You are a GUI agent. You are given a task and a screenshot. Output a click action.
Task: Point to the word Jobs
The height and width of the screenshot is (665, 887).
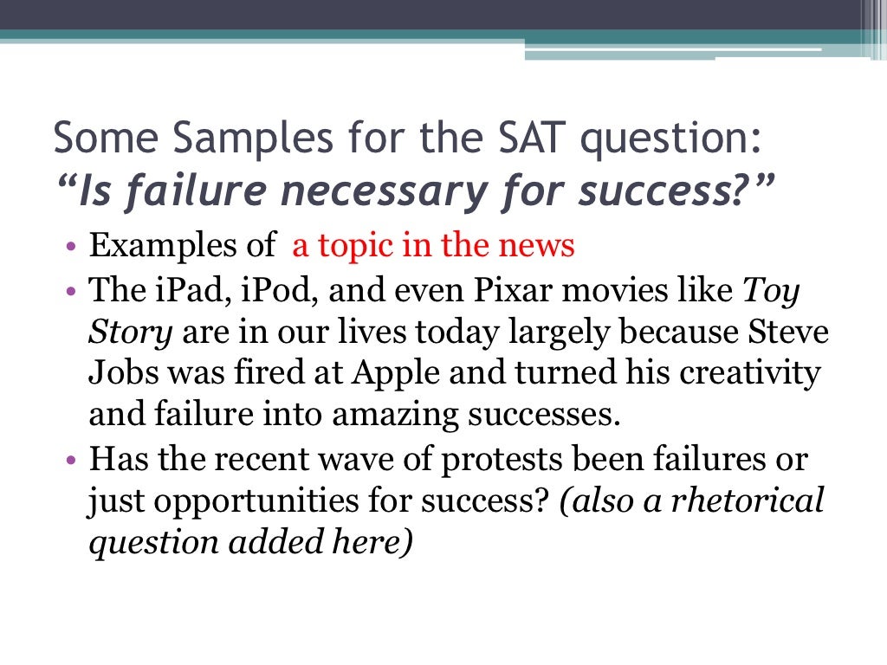[x=120, y=374]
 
